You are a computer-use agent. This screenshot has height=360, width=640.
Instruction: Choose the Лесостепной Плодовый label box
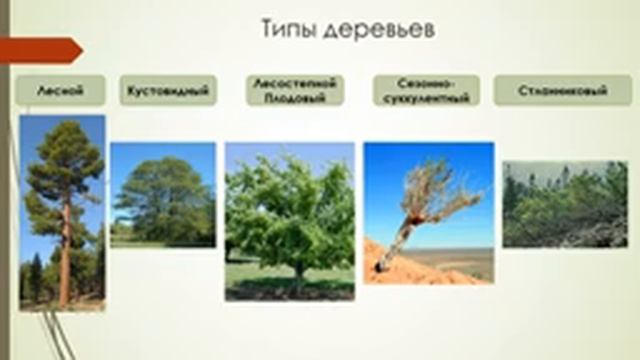pos(294,90)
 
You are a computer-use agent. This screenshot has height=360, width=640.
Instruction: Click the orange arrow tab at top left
pos(40,49)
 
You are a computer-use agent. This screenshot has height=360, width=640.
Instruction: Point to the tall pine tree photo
pos(62,211)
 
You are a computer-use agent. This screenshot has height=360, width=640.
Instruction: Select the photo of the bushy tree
pos(162,195)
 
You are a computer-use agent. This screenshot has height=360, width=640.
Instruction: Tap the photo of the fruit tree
pos(289,221)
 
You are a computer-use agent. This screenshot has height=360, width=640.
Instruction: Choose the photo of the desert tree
pos(428,213)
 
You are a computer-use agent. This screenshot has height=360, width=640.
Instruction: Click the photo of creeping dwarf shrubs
pos(564,204)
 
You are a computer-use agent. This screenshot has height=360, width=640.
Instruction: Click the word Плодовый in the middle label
pos(294,97)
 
